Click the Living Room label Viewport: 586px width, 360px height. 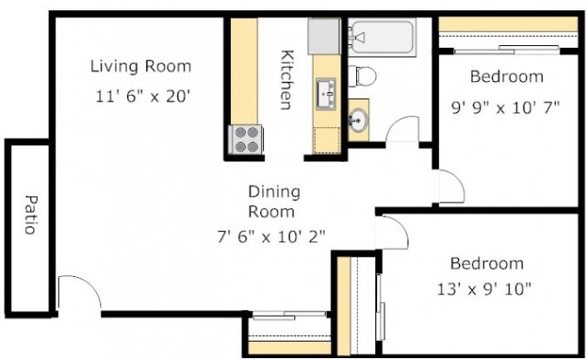[141, 66]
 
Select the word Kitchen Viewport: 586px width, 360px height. [287, 79]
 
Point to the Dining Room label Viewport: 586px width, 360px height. [274, 201]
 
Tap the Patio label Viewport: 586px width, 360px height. [29, 213]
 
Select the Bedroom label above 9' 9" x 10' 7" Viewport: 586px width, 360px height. [506, 76]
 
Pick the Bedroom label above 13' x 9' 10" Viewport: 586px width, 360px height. [486, 263]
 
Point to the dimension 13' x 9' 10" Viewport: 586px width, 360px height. [485, 289]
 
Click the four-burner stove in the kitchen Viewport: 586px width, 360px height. [246, 139]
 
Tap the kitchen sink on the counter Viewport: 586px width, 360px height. [327, 92]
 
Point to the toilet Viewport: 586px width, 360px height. [362, 73]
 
